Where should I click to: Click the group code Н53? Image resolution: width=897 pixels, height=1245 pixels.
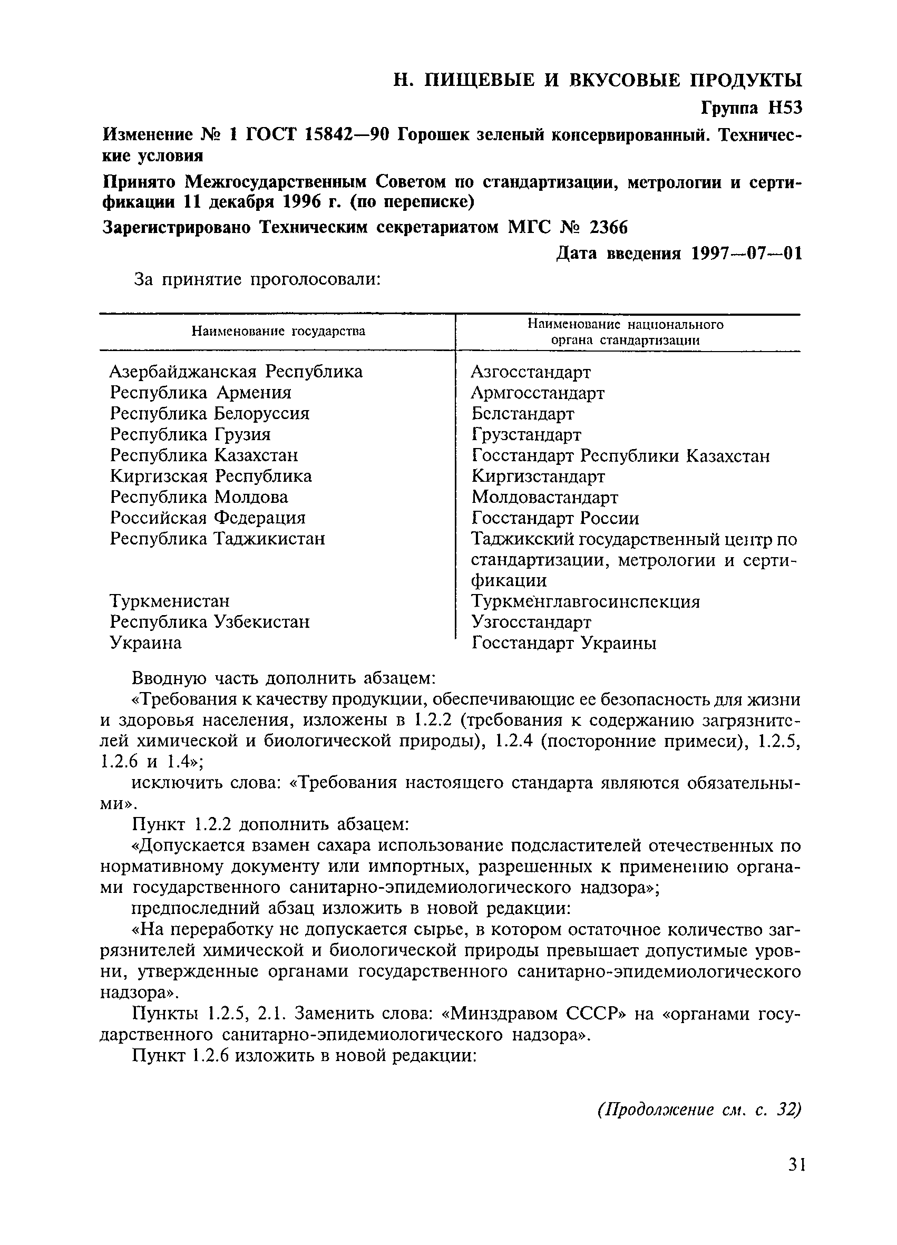(784, 108)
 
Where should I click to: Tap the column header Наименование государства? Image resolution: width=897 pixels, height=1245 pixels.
(278, 332)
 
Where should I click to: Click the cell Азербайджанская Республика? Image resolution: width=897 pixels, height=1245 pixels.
(236, 372)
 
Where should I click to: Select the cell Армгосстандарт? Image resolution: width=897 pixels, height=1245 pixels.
(538, 393)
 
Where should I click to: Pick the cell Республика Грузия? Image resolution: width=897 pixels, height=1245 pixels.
(190, 434)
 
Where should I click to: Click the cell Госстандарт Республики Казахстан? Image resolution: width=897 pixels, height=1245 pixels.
(621, 455)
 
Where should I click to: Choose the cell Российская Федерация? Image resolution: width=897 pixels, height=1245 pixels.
(208, 518)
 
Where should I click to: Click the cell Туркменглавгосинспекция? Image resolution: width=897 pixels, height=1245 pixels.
(586, 601)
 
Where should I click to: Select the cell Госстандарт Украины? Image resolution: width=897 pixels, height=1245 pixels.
(564, 643)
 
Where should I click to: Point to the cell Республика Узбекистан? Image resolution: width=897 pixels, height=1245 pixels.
(210, 622)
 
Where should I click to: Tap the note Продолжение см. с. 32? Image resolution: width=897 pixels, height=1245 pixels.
(699, 1110)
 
